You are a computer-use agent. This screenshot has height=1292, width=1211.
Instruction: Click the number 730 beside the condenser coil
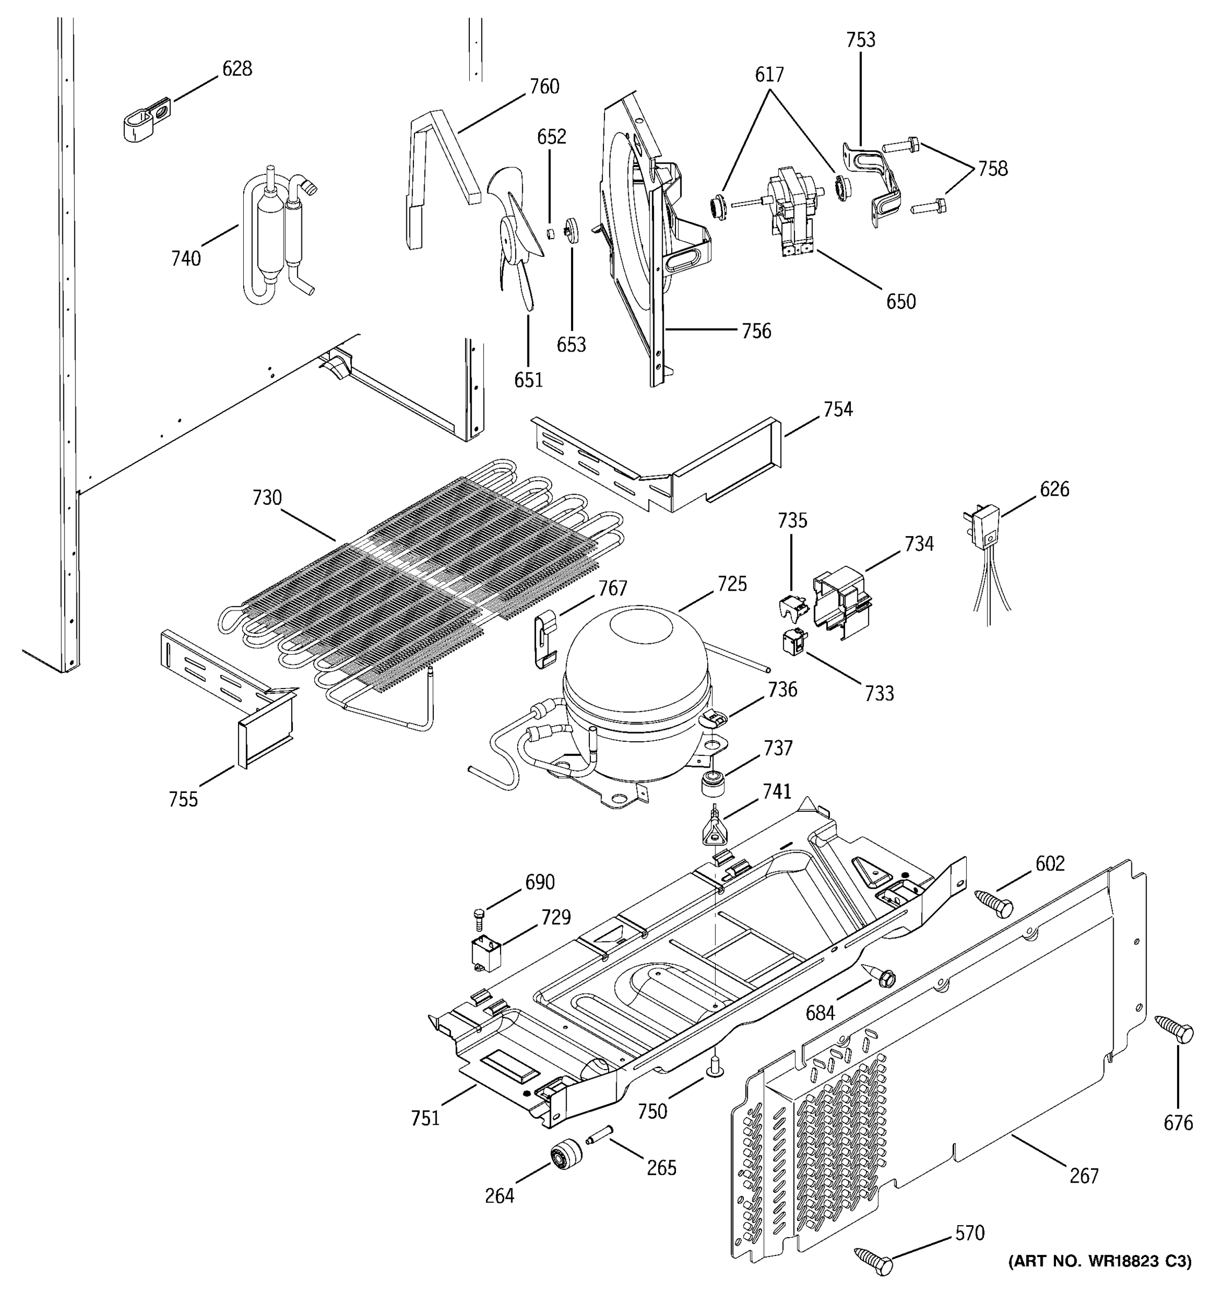coord(266,498)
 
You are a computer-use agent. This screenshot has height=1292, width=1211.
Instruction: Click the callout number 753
coord(860,40)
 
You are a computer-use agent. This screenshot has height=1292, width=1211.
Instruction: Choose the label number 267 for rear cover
coord(1083,1175)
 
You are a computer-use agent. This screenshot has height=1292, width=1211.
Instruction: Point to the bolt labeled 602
coord(995,904)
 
